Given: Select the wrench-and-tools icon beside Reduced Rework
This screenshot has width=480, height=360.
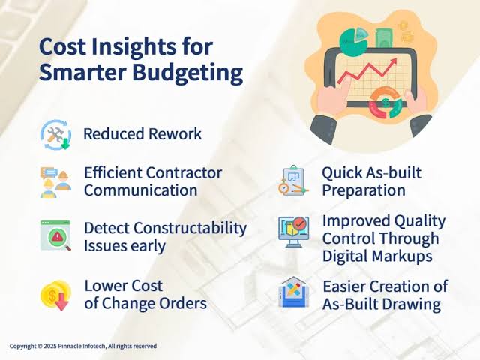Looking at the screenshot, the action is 55,135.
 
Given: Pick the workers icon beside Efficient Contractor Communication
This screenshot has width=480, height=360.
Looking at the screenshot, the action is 55,182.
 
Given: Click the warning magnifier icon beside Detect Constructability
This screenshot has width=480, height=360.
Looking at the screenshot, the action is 55,235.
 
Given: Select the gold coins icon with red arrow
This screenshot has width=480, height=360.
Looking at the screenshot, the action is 55,295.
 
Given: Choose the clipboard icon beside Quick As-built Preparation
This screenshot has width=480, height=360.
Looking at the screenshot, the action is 293,181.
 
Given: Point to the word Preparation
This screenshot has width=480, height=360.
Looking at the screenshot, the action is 364,191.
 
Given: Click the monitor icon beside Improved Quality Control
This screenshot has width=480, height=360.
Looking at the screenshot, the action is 293,232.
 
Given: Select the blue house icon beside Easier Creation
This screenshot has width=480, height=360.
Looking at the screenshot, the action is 294,292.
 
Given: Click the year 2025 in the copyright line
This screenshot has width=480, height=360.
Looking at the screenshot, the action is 50,346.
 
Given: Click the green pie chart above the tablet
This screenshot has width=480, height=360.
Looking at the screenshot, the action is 354,42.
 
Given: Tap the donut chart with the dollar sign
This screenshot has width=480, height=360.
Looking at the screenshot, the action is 385,103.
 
